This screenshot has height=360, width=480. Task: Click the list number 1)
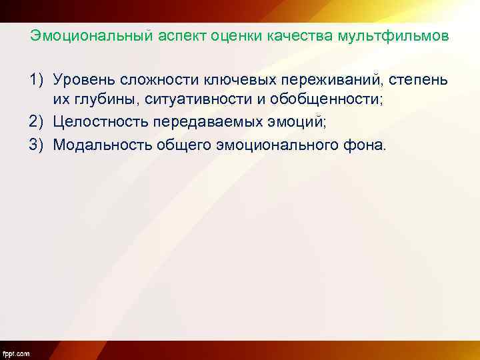pyautogui.click(x=37, y=80)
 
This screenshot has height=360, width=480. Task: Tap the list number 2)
pyautogui.click(x=37, y=123)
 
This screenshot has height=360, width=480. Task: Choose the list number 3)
pyautogui.click(x=37, y=144)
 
